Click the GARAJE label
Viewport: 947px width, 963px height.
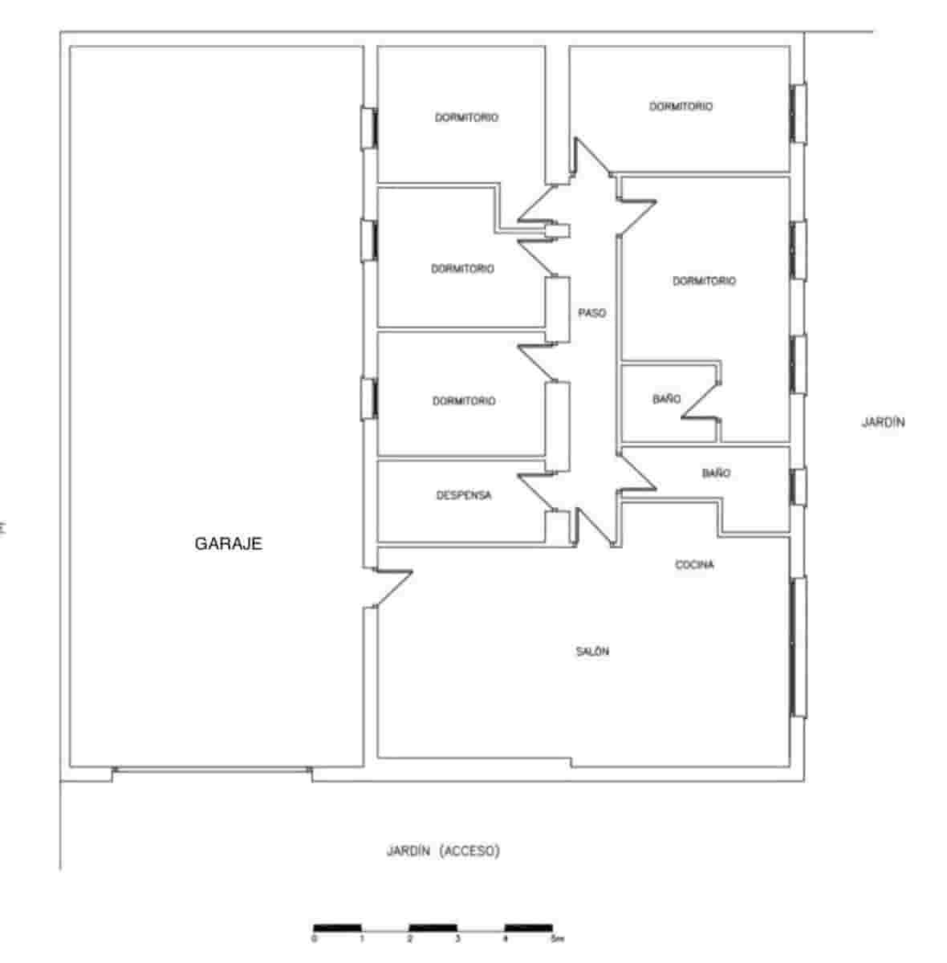pos(229,544)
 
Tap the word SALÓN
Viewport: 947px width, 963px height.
pos(592,652)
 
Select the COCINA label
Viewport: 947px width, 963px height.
pos(694,565)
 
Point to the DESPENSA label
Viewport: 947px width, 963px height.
pos(464,495)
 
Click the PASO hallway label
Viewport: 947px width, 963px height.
pos(592,313)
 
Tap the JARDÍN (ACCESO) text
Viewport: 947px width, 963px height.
pos(443,851)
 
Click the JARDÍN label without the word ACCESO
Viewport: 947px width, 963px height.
pos(883,422)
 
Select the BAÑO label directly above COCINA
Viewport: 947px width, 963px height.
pos(716,473)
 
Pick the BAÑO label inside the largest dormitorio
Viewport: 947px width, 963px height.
pos(666,399)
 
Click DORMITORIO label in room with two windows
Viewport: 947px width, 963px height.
pos(704,281)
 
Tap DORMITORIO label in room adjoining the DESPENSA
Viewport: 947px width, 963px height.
pos(464,400)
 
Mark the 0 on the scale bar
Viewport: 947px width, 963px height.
pos(314,938)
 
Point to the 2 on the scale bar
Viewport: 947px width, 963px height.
pos(409,938)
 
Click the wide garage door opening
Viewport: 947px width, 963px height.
pos(212,771)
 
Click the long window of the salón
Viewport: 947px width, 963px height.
pos(799,647)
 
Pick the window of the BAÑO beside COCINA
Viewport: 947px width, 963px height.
pos(799,486)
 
